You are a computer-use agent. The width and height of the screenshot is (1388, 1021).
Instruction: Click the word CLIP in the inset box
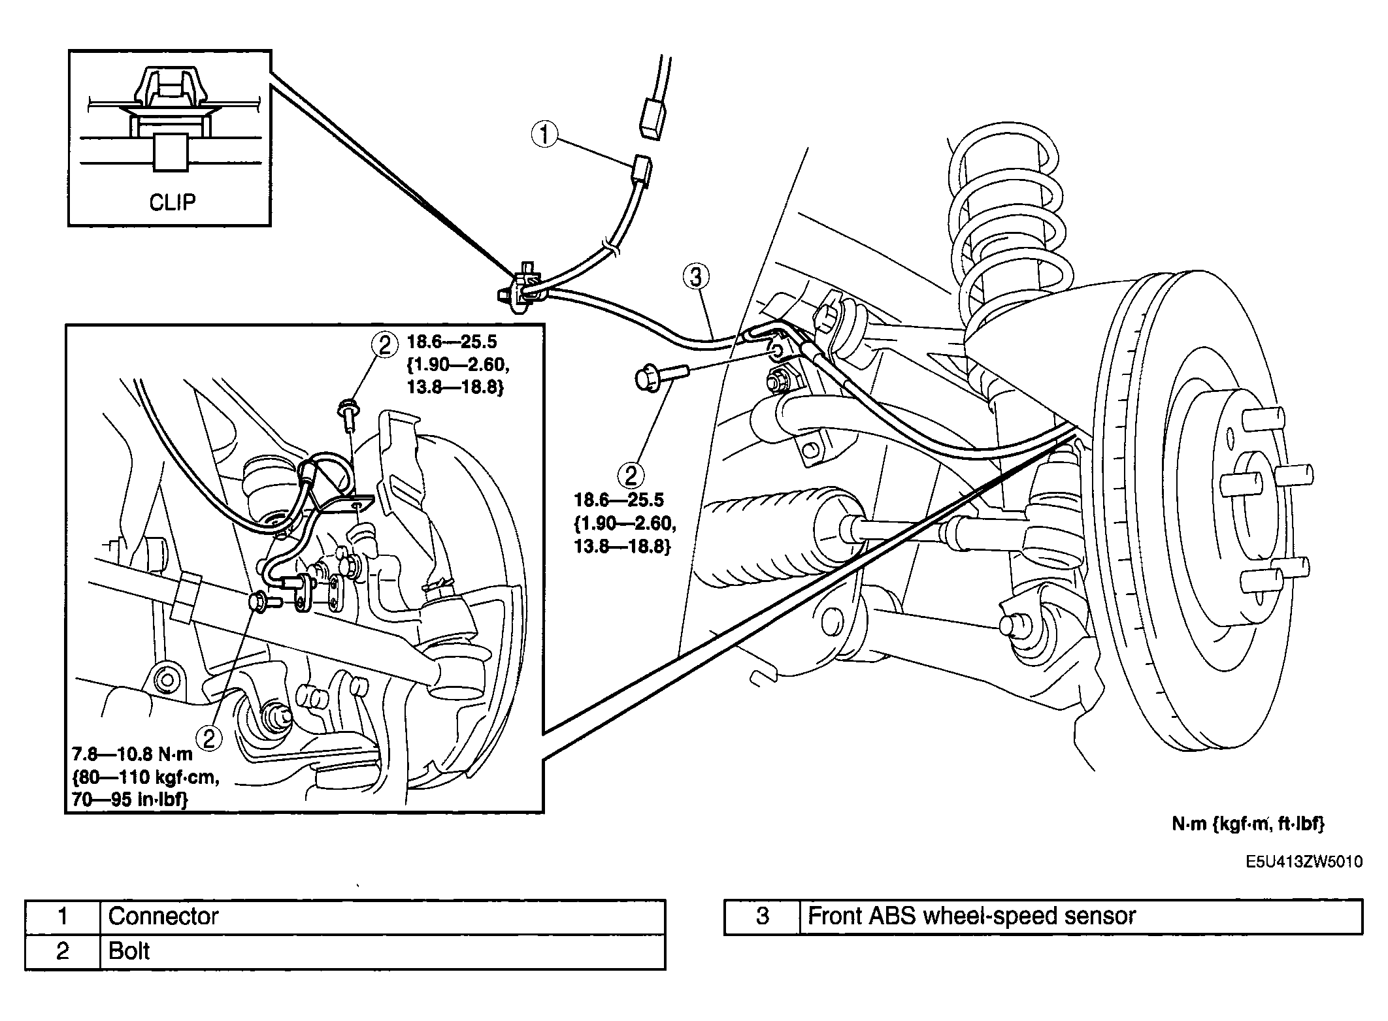(172, 203)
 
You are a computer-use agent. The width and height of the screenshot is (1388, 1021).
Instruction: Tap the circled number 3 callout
(696, 277)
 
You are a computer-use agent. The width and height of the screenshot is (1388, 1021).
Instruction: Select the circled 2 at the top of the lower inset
(384, 345)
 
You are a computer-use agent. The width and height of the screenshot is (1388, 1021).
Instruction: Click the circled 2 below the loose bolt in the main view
(631, 475)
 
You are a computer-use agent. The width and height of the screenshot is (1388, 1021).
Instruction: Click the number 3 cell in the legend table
(762, 916)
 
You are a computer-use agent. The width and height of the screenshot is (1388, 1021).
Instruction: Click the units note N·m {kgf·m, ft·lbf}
(1248, 824)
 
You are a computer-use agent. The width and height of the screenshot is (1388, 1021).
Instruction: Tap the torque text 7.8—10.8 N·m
(132, 754)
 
